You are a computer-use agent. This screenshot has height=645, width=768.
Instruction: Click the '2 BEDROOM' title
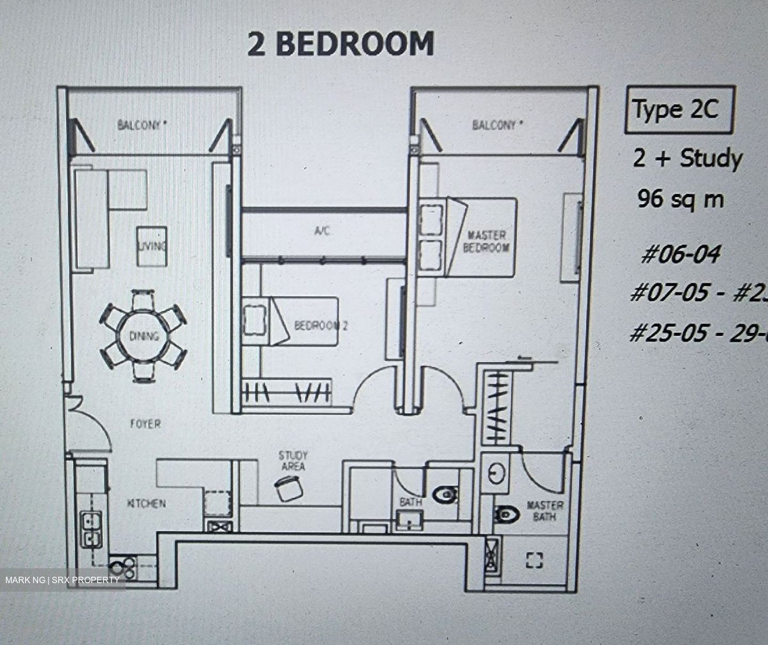(341, 44)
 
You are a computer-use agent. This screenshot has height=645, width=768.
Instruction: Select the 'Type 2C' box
(679, 109)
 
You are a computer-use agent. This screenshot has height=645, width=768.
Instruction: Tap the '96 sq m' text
(681, 199)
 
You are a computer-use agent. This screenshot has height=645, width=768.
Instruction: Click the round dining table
(143, 336)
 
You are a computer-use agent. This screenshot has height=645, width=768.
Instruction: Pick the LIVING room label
(152, 246)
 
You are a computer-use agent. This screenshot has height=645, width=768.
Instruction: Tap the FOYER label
(145, 424)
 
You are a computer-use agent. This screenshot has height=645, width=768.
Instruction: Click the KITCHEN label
(146, 503)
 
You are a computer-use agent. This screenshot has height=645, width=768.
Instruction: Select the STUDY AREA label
(293, 461)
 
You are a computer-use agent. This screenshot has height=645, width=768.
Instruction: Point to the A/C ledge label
(322, 231)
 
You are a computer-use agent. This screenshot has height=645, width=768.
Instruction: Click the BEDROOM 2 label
(321, 325)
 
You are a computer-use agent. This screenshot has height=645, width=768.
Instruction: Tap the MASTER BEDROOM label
(486, 241)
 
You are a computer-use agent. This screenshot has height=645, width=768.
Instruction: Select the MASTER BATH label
(544, 511)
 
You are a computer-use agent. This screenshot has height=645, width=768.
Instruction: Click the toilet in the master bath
(507, 514)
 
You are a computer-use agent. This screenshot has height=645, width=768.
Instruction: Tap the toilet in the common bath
(445, 495)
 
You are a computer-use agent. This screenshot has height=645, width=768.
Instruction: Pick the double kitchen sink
(92, 529)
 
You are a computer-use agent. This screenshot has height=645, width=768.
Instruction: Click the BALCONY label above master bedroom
(494, 125)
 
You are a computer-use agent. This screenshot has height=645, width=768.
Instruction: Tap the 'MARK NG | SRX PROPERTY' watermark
(62, 579)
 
